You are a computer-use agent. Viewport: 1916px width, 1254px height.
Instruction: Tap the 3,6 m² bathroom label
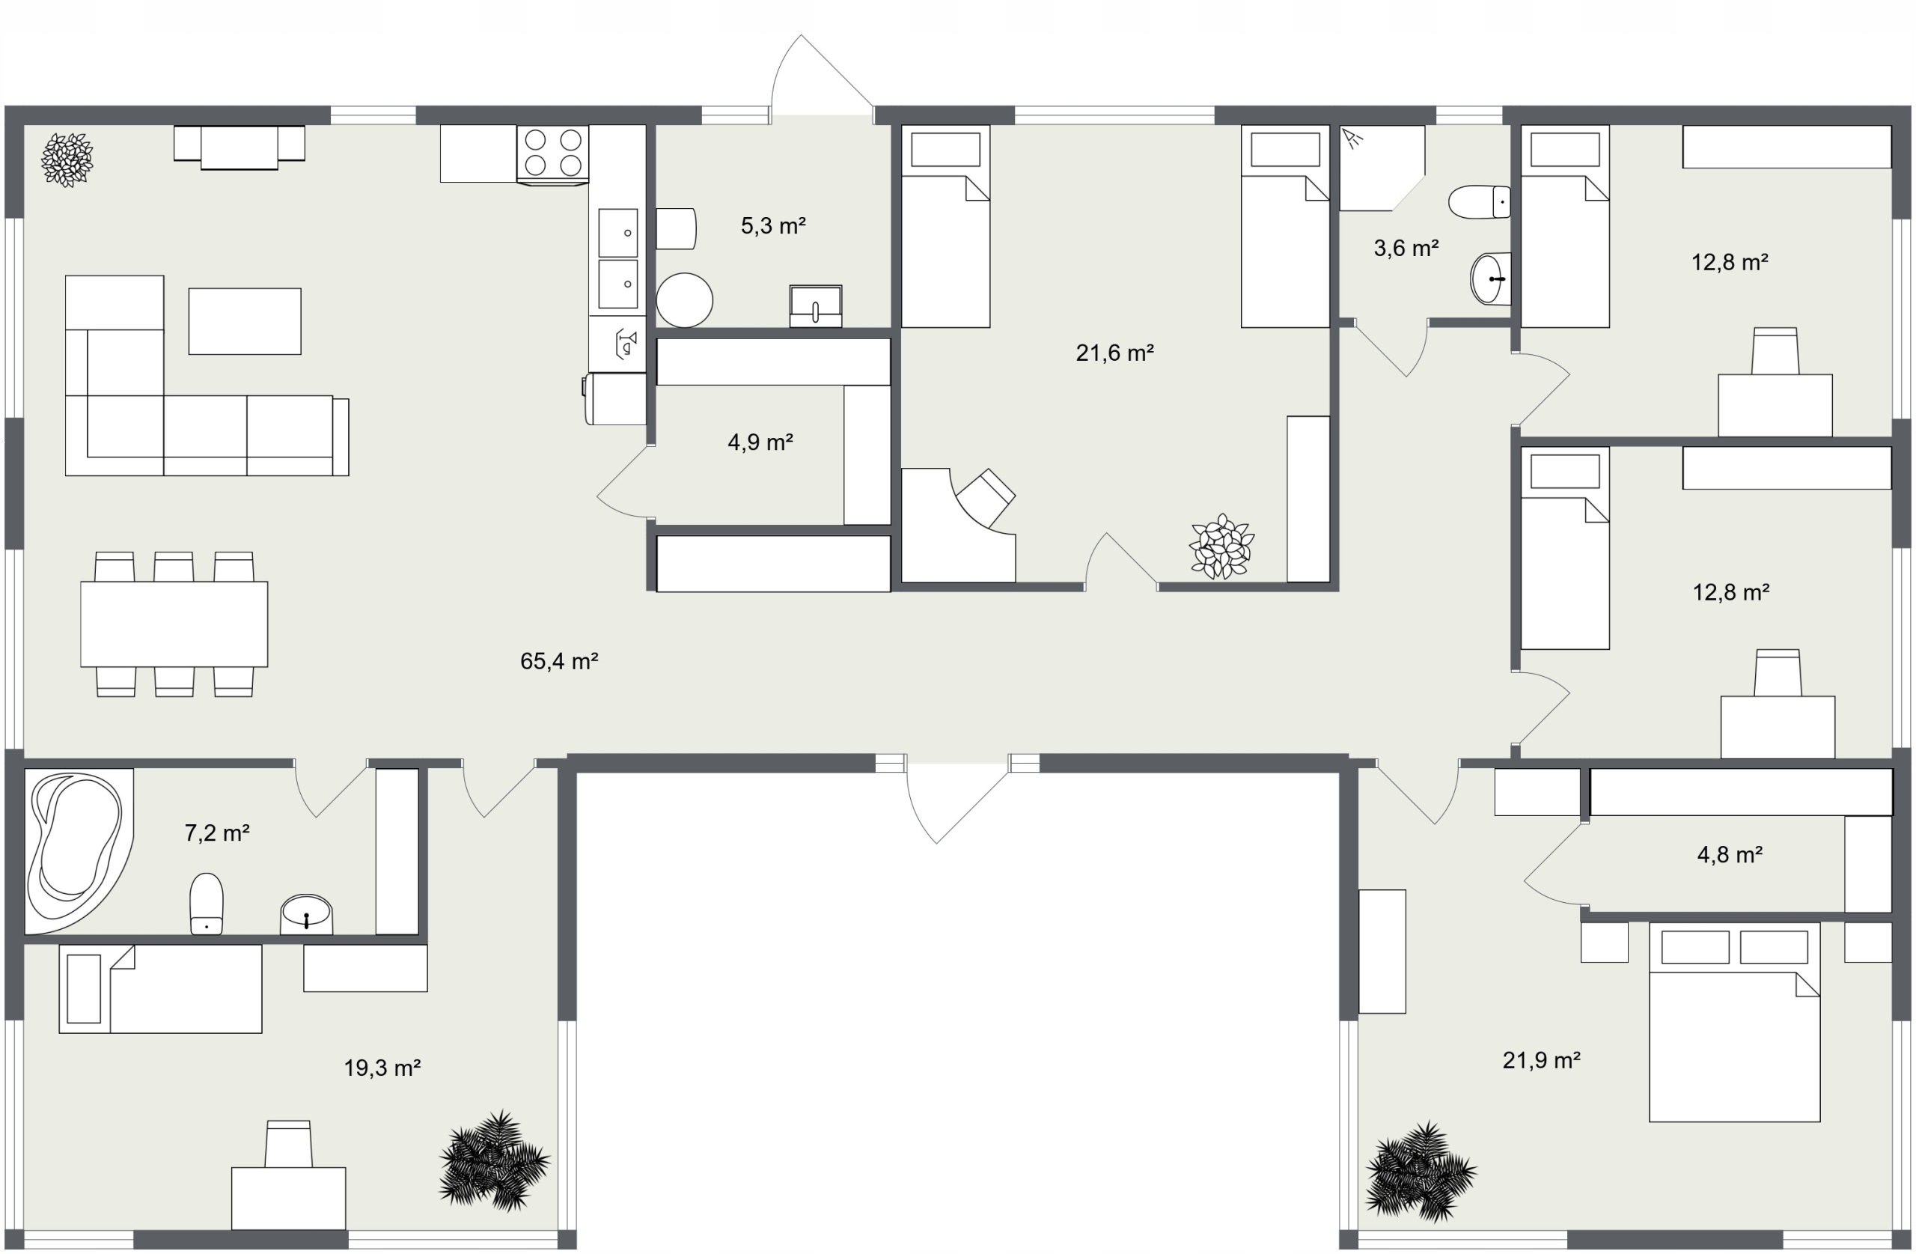point(1406,248)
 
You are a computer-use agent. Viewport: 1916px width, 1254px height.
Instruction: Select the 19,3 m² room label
point(382,1068)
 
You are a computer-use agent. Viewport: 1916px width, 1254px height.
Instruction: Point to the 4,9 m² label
point(760,442)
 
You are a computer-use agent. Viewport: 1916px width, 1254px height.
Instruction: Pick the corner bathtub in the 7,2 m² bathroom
point(79,850)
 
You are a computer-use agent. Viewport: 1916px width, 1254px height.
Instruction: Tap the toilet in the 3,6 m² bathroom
point(1479,201)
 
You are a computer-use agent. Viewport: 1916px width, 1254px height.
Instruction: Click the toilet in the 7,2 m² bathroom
point(206,904)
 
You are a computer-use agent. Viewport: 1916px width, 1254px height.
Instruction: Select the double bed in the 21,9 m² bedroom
point(1734,1021)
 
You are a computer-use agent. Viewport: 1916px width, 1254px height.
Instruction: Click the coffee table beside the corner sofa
point(245,321)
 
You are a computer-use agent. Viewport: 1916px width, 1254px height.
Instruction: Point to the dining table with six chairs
point(174,624)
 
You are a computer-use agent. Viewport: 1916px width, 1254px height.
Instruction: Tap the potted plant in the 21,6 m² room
point(1221,547)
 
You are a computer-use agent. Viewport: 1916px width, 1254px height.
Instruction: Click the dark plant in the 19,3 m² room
point(494,1160)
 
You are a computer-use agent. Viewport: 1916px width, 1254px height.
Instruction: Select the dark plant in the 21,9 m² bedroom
point(1421,1171)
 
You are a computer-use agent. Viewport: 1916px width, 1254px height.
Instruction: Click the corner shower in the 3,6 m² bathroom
point(1382,168)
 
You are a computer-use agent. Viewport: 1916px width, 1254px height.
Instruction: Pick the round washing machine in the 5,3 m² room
point(684,300)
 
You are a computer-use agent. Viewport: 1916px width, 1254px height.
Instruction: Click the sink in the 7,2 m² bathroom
point(307,915)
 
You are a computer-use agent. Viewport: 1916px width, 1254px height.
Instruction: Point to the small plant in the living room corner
point(67,160)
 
